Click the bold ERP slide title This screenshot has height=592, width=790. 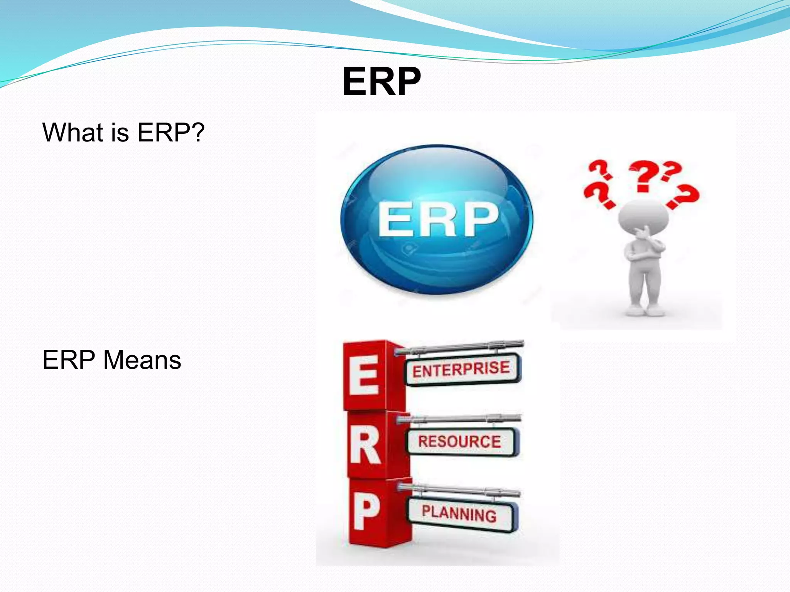(x=381, y=82)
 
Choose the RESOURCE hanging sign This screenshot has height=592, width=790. (x=460, y=442)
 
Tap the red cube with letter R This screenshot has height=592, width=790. (x=366, y=446)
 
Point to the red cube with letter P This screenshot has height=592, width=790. (x=367, y=513)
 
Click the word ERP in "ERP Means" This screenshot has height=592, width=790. (x=69, y=360)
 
